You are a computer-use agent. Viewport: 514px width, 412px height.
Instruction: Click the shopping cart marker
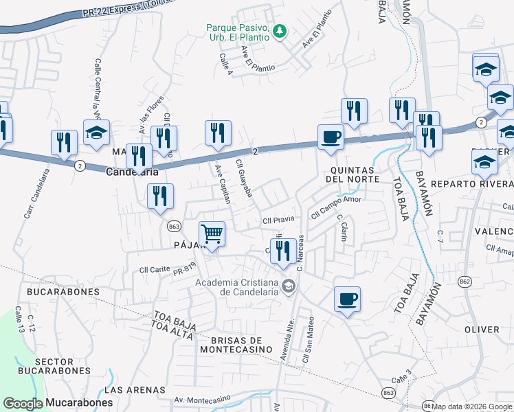[x=212, y=235]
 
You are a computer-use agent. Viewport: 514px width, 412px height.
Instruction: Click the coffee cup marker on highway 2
[x=330, y=137]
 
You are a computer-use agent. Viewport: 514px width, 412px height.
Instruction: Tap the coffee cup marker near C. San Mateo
[x=347, y=299]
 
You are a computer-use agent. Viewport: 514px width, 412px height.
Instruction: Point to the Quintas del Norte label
[x=354, y=174]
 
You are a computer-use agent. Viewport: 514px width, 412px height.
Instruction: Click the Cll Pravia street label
[x=278, y=220]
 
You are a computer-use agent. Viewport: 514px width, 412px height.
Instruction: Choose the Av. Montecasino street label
[x=202, y=399]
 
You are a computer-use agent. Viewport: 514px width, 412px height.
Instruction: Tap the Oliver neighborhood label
[x=482, y=330]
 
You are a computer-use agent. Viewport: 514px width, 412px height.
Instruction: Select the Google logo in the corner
[x=23, y=403]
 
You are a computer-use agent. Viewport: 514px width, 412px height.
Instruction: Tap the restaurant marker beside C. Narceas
[x=283, y=251]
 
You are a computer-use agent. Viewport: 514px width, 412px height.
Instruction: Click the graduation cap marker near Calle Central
[x=96, y=132]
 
